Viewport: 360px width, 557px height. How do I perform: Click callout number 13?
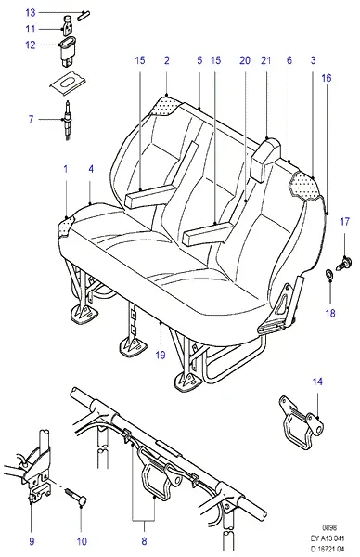tap(31, 13)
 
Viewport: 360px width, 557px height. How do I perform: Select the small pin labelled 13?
tap(84, 14)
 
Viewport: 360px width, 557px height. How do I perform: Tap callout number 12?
tap(31, 45)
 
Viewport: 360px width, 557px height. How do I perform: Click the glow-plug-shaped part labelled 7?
tap(68, 121)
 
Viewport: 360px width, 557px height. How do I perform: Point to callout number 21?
tap(265, 60)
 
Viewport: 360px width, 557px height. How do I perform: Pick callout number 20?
tap(245, 60)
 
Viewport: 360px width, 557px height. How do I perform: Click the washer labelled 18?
tap(329, 274)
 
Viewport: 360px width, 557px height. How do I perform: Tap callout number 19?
tap(161, 355)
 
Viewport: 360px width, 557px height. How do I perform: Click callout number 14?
tap(317, 382)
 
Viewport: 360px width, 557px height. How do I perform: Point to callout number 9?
tap(32, 541)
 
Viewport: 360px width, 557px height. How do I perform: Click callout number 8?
tap(144, 541)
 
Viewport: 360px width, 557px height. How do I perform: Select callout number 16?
tap(327, 78)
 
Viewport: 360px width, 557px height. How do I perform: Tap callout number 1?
tap(65, 169)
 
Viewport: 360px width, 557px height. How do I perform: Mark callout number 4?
tap(91, 169)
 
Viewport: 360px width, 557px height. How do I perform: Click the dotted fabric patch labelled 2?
tap(166, 106)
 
